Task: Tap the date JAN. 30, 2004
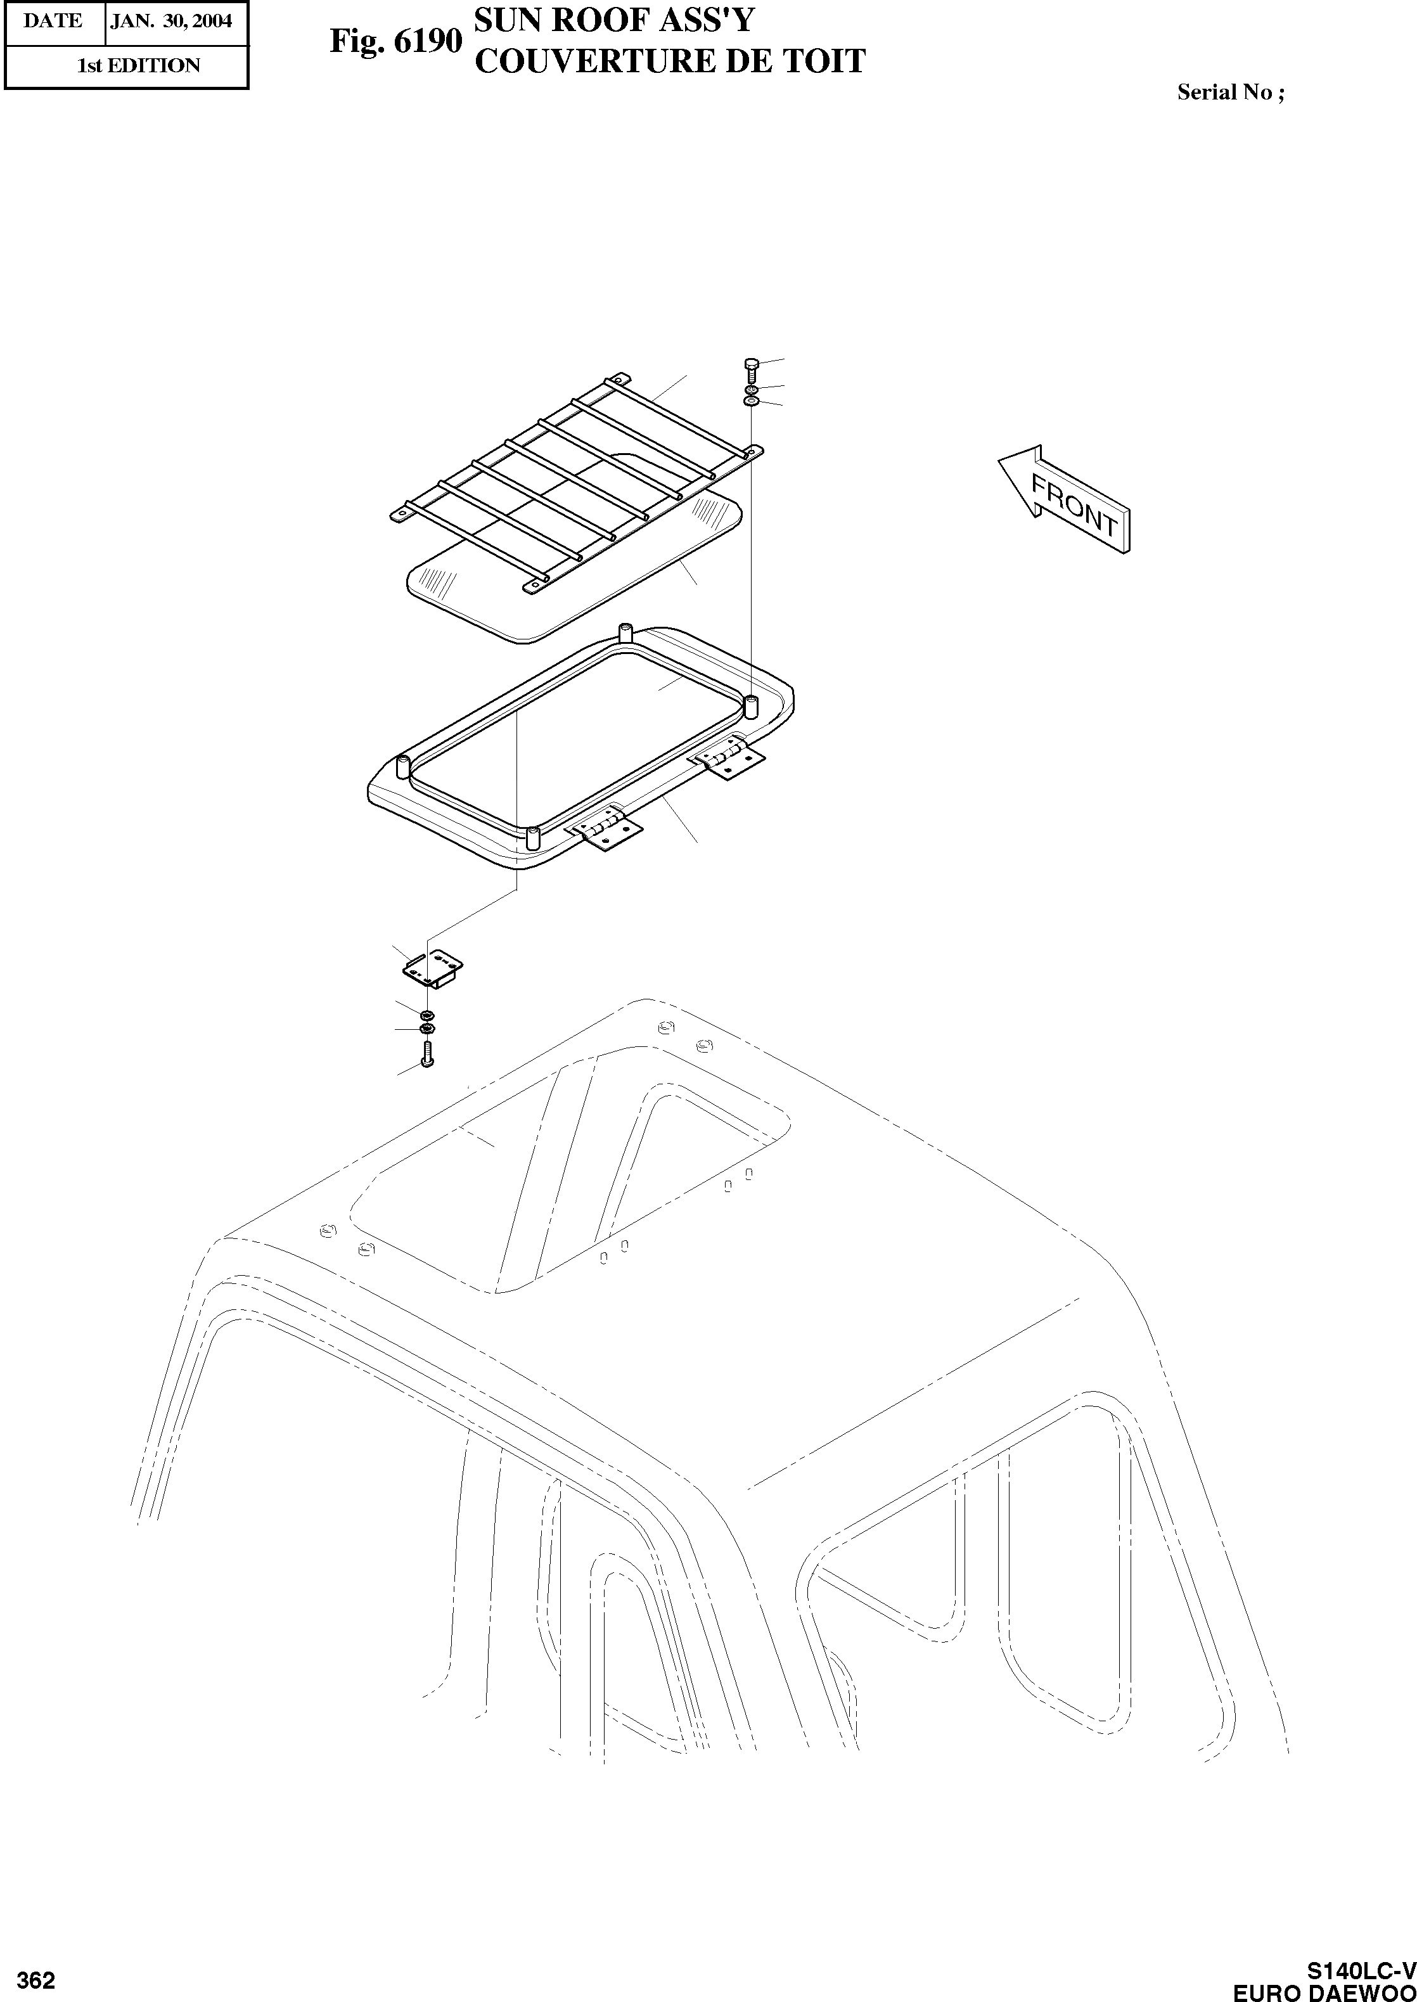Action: coord(172,21)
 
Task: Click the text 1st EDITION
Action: coord(139,65)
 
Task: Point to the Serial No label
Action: coord(1229,93)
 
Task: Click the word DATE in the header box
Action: coord(53,21)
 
